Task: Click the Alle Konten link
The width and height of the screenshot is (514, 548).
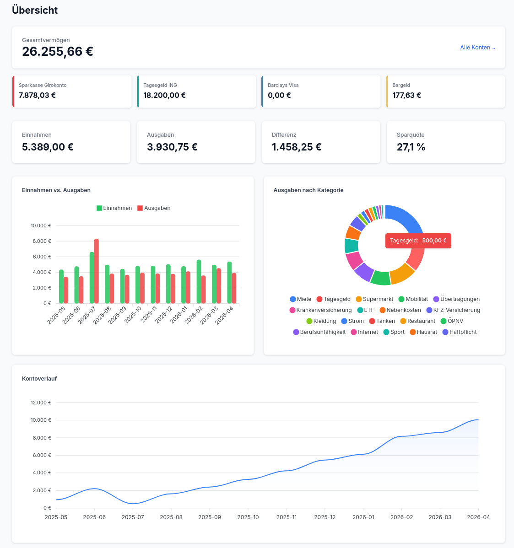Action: click(x=477, y=48)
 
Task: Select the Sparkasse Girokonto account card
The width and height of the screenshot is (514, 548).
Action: click(x=72, y=91)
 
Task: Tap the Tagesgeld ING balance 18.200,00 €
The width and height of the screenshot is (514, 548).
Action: click(x=164, y=96)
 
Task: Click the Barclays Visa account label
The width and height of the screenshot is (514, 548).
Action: click(x=283, y=85)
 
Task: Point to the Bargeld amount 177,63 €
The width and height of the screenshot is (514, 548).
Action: click(x=406, y=96)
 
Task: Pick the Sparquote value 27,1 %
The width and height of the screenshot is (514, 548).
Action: click(x=411, y=147)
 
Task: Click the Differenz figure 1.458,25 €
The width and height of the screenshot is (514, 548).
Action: click(x=297, y=147)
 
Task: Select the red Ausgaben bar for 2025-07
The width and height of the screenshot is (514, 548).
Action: click(x=97, y=271)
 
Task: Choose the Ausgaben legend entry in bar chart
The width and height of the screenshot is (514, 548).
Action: click(x=154, y=208)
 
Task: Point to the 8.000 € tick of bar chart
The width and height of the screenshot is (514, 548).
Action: click(x=41, y=241)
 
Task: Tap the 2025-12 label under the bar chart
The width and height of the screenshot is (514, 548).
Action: click(x=164, y=315)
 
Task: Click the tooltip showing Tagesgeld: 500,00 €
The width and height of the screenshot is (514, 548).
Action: click(x=418, y=241)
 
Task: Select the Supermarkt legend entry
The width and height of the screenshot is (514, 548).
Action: click(x=374, y=299)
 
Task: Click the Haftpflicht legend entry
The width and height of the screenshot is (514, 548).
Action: click(x=460, y=332)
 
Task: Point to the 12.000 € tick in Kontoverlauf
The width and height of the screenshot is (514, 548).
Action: click(x=41, y=403)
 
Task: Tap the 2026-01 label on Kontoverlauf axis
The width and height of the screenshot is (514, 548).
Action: click(x=363, y=517)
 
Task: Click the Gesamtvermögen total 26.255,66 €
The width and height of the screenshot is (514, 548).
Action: click(x=58, y=52)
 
